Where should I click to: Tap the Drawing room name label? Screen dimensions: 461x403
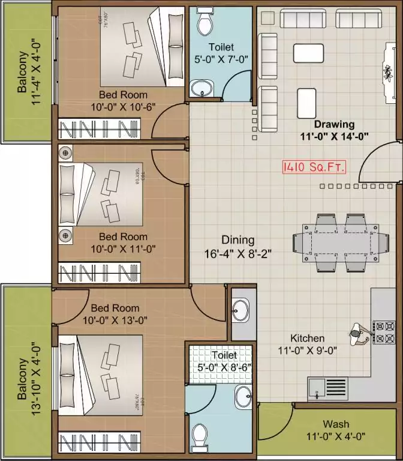point(321,124)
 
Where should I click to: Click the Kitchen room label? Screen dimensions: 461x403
point(307,338)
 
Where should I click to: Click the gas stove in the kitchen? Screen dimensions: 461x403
point(384,333)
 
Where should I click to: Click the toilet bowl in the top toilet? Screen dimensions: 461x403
point(204,23)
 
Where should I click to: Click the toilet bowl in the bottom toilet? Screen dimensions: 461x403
point(199,435)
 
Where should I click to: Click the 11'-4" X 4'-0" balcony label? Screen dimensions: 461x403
point(27,72)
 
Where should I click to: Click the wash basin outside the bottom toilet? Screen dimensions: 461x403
point(243,310)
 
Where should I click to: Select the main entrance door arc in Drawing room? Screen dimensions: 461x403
point(378,162)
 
